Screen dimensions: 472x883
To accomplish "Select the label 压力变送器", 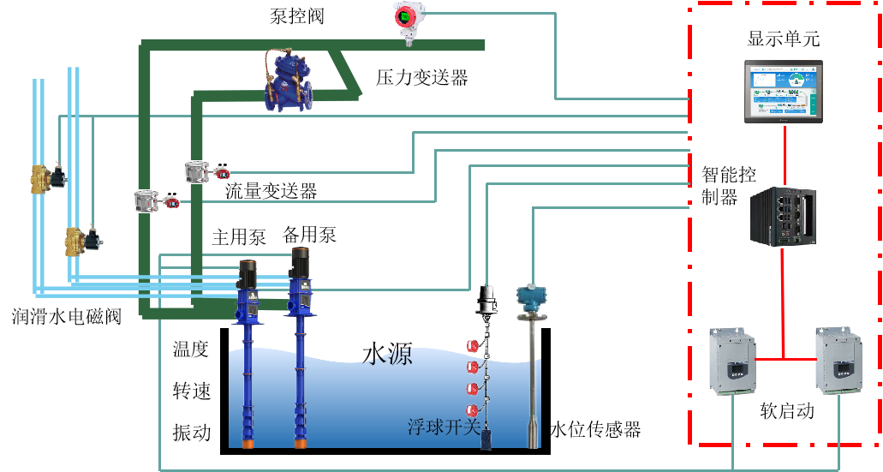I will coord(422,78).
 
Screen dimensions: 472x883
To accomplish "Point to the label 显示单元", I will coord(784,39).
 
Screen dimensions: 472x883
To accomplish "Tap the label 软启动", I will coord(787,411).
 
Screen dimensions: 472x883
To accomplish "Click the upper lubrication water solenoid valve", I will coord(48,178).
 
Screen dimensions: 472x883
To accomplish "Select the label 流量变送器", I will coord(271,191).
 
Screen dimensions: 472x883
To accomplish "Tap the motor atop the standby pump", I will coord(299,266).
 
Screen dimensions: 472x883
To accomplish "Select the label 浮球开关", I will coord(444,427).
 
